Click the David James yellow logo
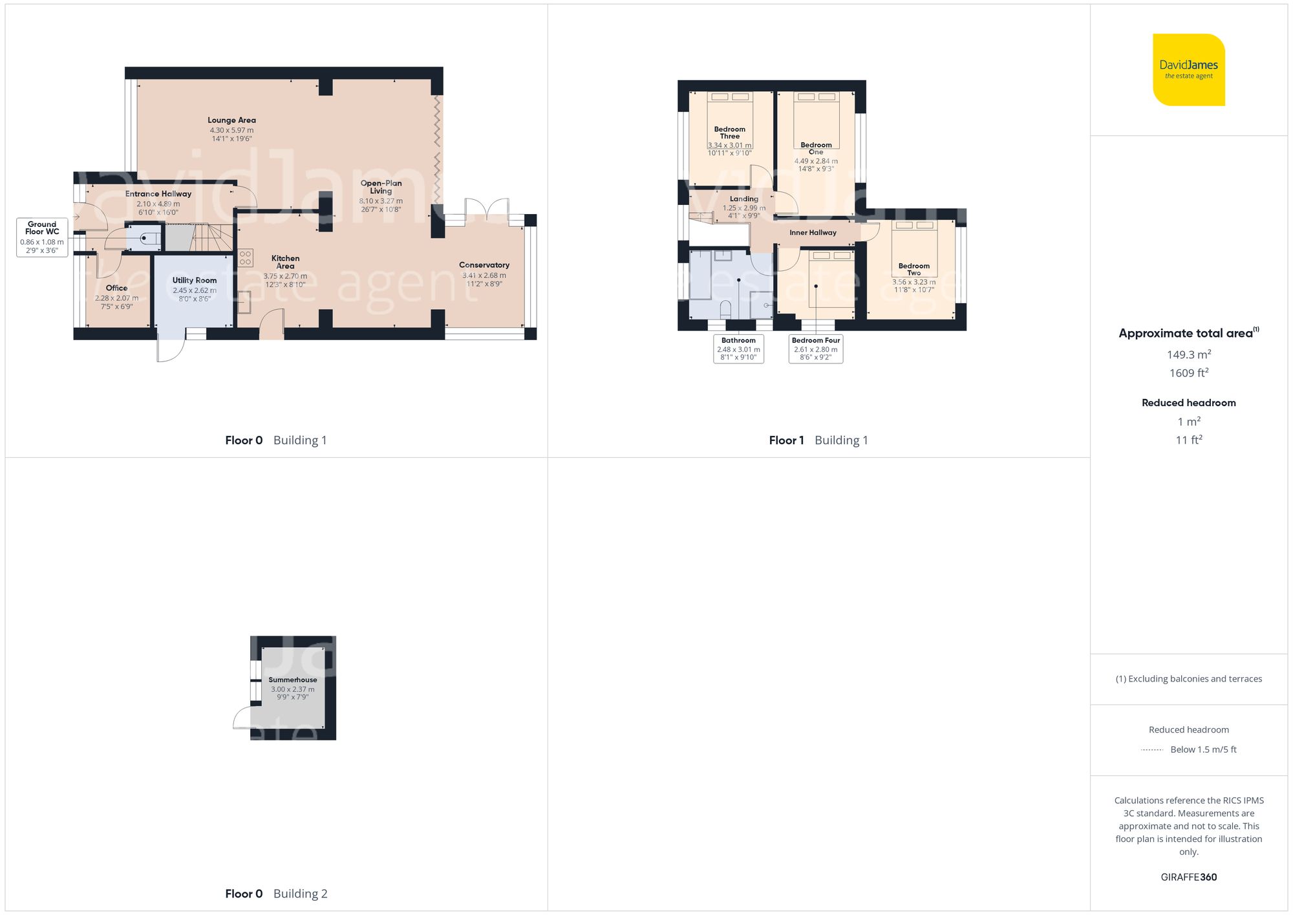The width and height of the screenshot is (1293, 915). coord(1188,70)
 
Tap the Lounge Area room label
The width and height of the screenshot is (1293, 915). coord(231,120)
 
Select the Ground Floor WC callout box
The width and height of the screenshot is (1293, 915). coord(42,237)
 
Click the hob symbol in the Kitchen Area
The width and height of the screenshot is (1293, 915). coord(245,258)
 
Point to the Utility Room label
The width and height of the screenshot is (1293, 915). coord(194,280)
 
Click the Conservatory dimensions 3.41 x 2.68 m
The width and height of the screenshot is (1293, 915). coord(484,275)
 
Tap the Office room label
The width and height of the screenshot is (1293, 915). coord(116,288)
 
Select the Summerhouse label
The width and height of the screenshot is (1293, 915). coord(293,680)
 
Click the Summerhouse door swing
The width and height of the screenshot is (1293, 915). coord(242,717)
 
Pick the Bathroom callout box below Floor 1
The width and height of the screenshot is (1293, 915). coord(738,349)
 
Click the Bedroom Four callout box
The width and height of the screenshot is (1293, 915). coord(815,349)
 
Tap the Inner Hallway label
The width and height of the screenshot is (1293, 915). coord(813,233)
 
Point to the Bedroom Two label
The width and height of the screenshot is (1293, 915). coord(914,269)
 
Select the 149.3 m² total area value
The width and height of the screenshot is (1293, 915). coord(1188,354)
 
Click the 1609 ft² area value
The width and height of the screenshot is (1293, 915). coord(1188,373)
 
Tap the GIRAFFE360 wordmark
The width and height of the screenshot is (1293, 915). coord(1188,877)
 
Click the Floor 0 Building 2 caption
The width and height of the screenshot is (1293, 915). coord(276,894)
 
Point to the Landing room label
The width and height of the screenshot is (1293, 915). coord(743,199)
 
